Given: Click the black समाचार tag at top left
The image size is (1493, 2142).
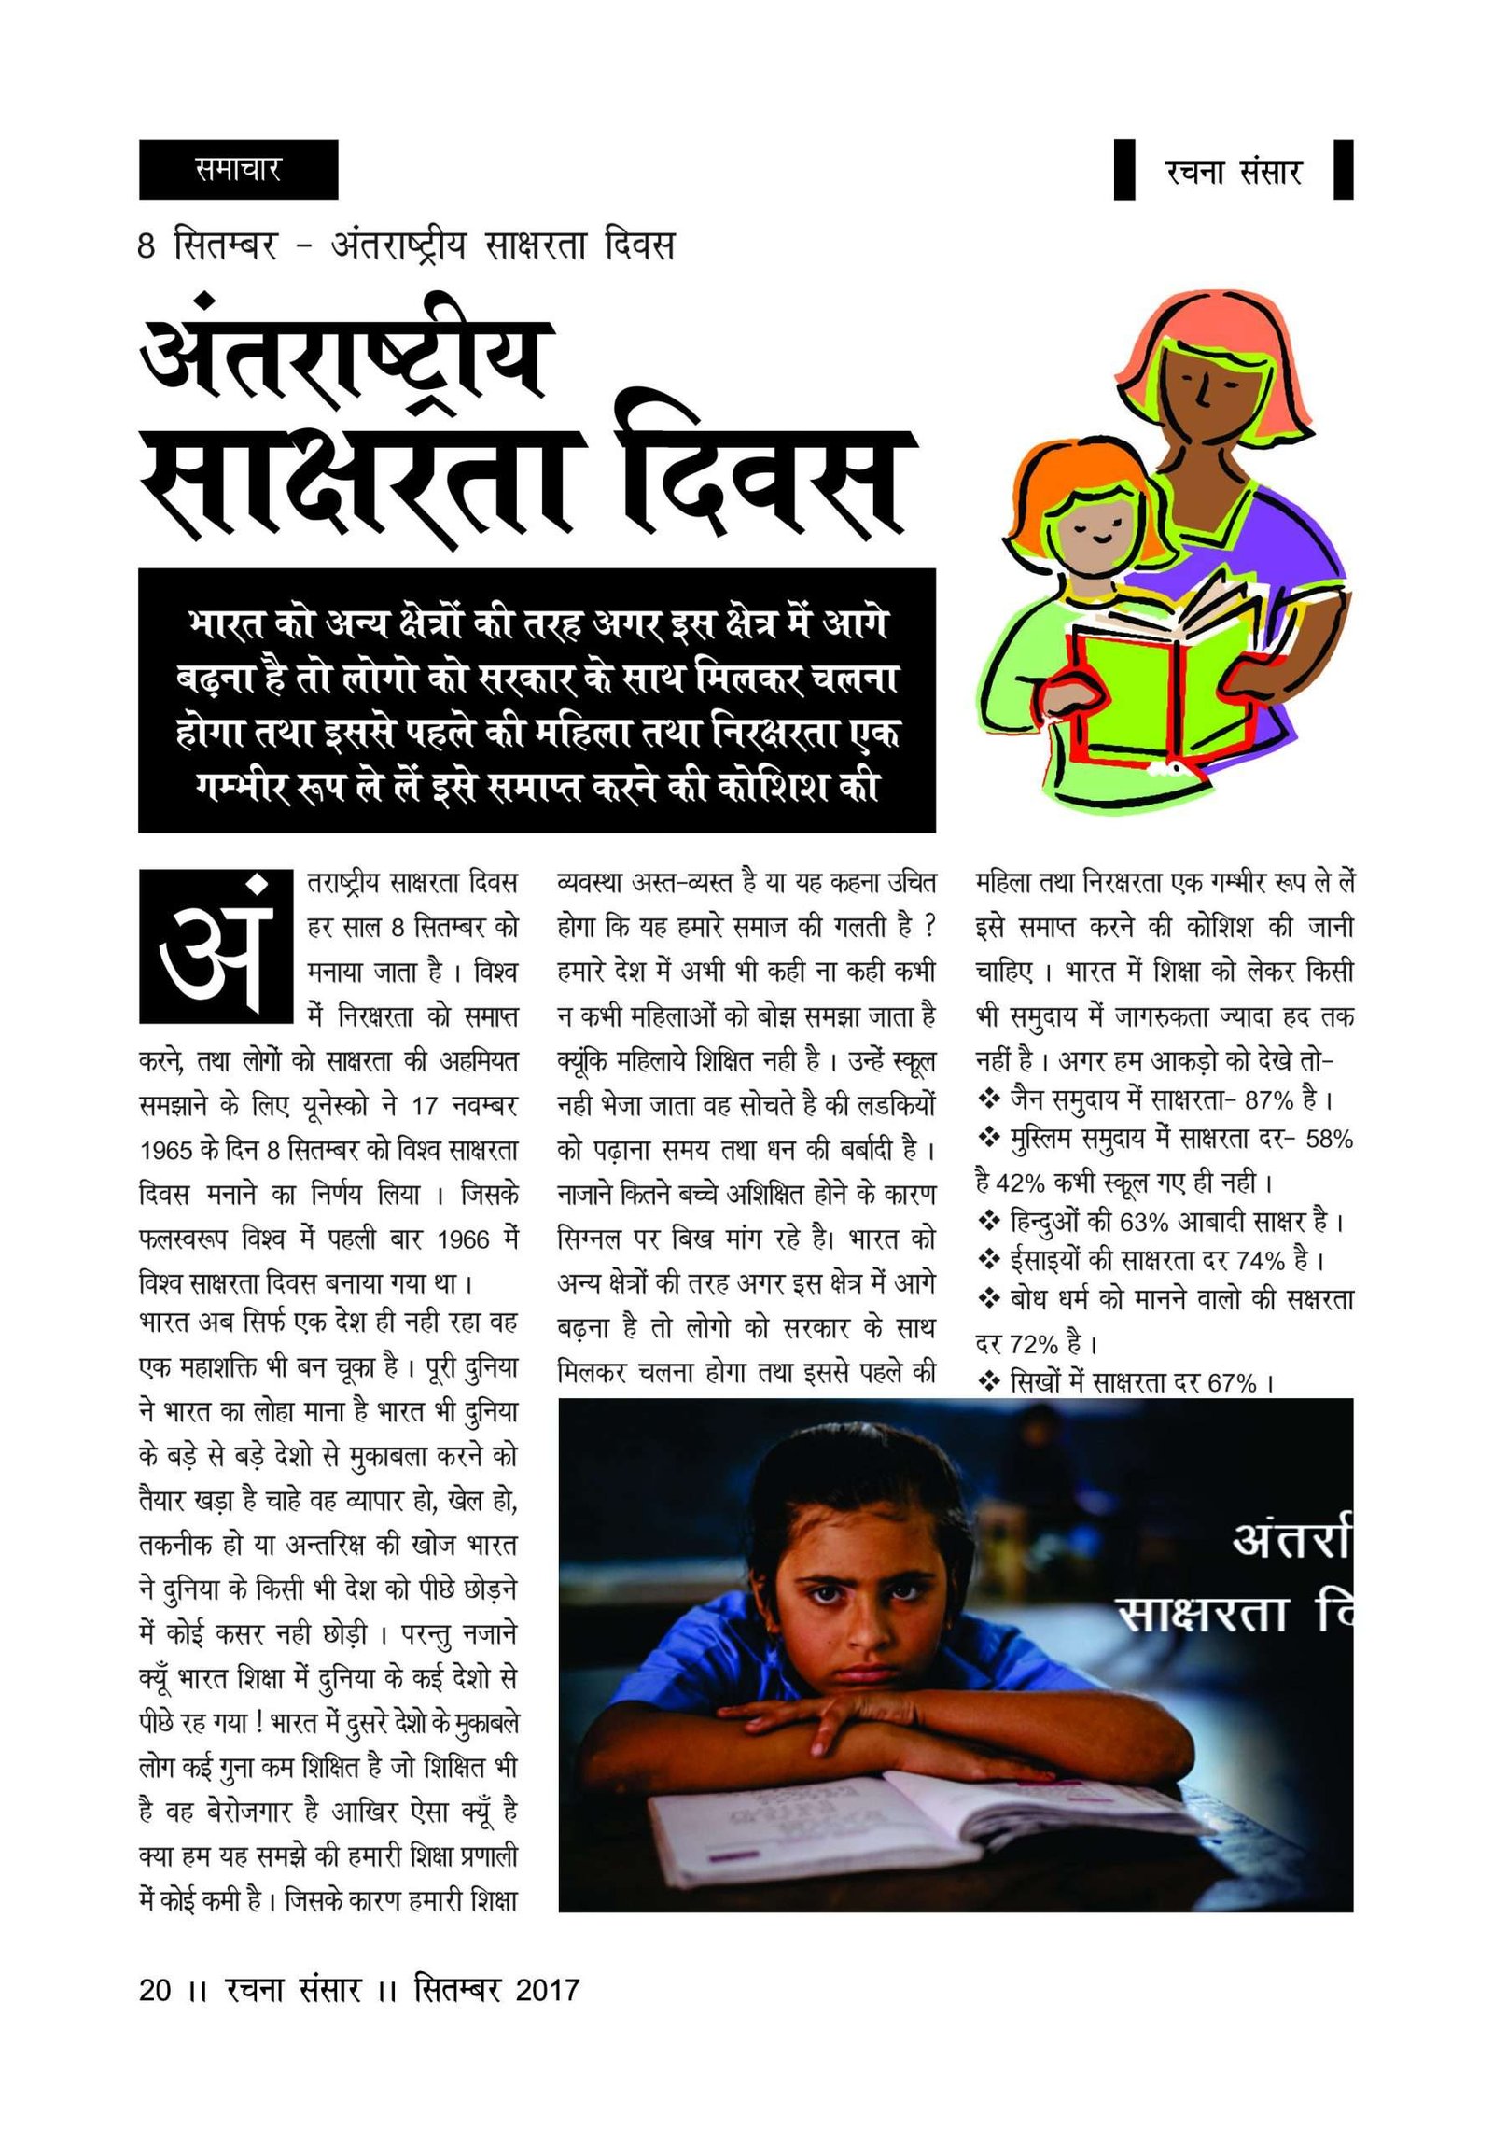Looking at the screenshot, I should pos(238,170).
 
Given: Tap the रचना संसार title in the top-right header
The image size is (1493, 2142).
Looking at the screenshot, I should pos(1233,172).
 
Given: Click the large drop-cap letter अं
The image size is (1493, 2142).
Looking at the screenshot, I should pos(211,946).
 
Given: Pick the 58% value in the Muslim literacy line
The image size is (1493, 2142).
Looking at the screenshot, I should pos(1331,1140).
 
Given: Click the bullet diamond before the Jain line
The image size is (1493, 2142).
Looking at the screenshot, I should pos(988,1099).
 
